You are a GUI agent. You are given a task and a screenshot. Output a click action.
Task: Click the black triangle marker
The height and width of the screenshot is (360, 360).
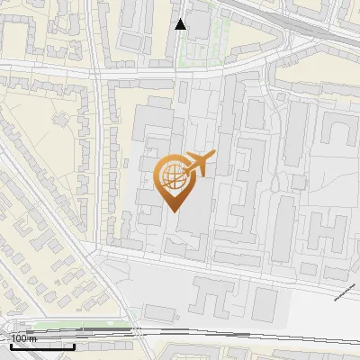point(181,24)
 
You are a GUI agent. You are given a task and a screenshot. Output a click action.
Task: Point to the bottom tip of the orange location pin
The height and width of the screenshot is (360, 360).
point(173,211)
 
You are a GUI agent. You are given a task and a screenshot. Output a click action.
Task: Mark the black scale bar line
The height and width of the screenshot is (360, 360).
point(40,346)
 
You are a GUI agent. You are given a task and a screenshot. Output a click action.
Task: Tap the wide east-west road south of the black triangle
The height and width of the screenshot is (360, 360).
point(180,71)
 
